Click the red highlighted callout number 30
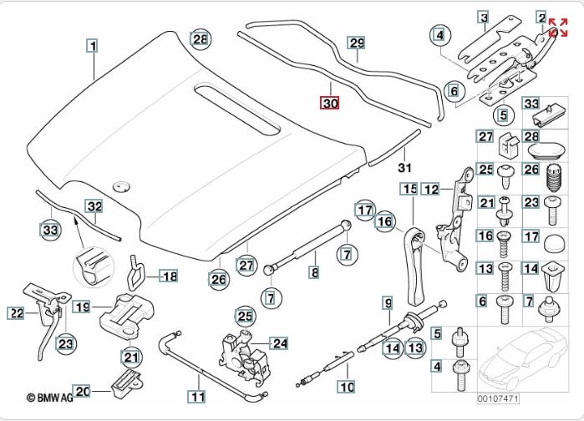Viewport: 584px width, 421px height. click(x=331, y=104)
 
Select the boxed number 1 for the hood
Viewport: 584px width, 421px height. click(x=93, y=46)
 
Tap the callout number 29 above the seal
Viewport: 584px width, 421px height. click(x=357, y=43)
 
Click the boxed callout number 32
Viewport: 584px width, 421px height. click(x=94, y=206)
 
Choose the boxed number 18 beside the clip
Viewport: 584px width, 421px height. click(x=169, y=276)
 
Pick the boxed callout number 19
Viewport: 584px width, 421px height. click(x=81, y=307)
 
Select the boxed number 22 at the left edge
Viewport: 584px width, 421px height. click(x=17, y=313)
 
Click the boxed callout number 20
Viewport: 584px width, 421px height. click(x=82, y=390)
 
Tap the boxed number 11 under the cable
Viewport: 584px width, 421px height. click(x=196, y=398)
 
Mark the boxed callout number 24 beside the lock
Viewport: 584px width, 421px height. click(x=279, y=342)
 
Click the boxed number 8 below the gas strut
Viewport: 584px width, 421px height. click(x=314, y=271)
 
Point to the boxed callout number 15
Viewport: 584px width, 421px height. click(x=409, y=190)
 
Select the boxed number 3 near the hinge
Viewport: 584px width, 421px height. click(x=482, y=16)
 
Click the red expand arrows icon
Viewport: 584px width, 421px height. click(x=558, y=27)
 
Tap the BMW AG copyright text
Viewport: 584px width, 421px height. click(x=52, y=399)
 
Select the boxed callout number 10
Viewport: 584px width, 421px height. click(x=346, y=387)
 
